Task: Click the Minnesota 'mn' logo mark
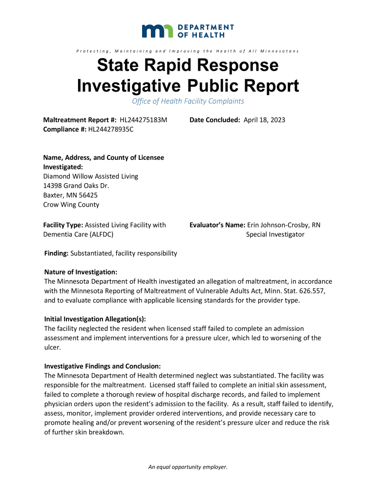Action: point(157,31)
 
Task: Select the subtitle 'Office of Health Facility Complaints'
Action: point(188,101)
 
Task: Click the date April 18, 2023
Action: point(265,120)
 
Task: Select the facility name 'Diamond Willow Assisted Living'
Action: point(91,176)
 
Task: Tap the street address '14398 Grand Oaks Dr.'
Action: point(76,186)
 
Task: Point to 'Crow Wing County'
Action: point(71,205)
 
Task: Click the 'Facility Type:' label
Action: point(63,225)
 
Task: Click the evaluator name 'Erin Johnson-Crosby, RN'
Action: point(284,225)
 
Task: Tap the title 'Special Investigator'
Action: point(275,234)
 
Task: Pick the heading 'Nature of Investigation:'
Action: point(81,272)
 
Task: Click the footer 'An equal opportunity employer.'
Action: point(188,467)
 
